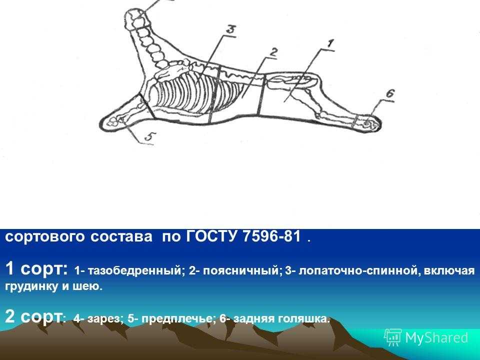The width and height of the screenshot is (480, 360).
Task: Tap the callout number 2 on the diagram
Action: click(273, 52)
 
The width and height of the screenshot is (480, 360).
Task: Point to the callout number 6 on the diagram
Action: click(389, 93)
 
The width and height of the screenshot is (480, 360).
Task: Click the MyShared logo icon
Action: click(393, 337)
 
